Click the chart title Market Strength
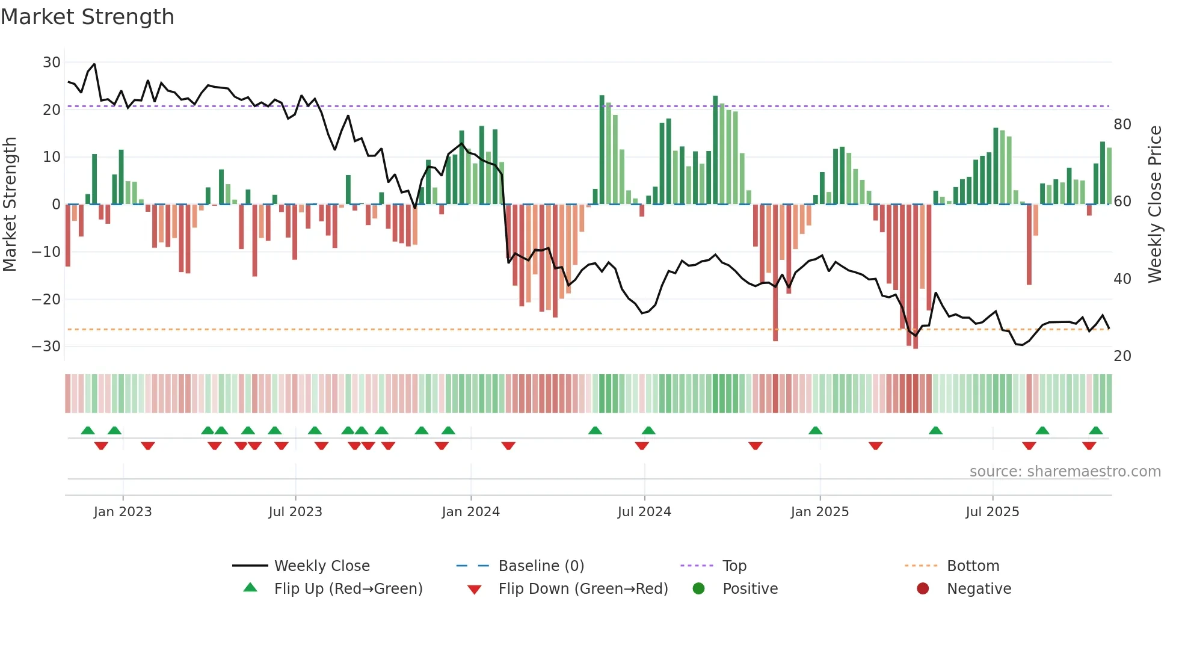tap(87, 17)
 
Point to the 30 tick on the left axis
tap(52, 63)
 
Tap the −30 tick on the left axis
tap(46, 347)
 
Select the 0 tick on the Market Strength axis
tap(56, 205)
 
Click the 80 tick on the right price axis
tap(1122, 125)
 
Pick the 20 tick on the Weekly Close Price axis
tap(1122, 356)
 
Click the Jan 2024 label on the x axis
tap(470, 512)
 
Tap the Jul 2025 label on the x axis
tap(993, 512)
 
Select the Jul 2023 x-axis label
tap(295, 512)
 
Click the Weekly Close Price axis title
tap(1155, 205)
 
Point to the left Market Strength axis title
tap(10, 205)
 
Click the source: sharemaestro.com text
tap(1065, 472)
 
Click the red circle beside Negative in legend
tap(923, 589)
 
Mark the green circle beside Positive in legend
tap(698, 589)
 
